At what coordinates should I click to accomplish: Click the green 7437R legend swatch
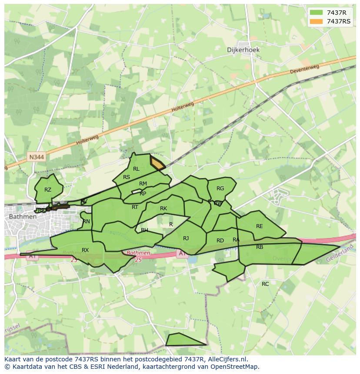coord(316,13)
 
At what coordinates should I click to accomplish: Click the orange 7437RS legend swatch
coord(316,21)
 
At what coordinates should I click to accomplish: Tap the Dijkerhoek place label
coord(243,50)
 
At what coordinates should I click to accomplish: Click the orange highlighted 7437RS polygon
coord(157,164)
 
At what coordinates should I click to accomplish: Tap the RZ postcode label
coord(48,190)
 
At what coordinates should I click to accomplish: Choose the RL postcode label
coord(136,169)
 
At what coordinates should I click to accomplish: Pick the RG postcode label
coord(220,189)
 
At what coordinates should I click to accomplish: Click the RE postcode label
coord(260,226)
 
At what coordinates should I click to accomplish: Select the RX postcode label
coord(85,250)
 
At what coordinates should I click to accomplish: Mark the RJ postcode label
coord(186,238)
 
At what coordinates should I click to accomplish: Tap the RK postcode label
coord(163,209)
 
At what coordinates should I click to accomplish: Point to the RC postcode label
coord(265,284)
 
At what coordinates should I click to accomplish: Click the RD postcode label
coord(220,241)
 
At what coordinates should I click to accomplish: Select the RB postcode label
coord(260,247)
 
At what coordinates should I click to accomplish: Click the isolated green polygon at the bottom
coord(183,340)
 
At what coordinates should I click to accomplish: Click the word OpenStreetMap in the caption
coord(236,367)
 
